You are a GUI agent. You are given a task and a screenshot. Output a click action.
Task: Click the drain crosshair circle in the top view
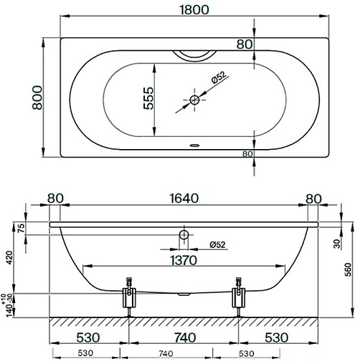[x=194, y=100]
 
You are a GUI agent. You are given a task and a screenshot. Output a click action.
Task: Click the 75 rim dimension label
[x=21, y=229]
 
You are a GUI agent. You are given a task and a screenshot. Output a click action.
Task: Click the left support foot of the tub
[x=130, y=297]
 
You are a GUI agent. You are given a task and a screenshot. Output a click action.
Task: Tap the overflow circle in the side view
[x=184, y=235]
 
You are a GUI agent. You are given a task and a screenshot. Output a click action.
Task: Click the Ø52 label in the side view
[x=217, y=245]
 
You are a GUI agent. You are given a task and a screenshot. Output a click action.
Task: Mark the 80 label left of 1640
[x=56, y=199]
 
